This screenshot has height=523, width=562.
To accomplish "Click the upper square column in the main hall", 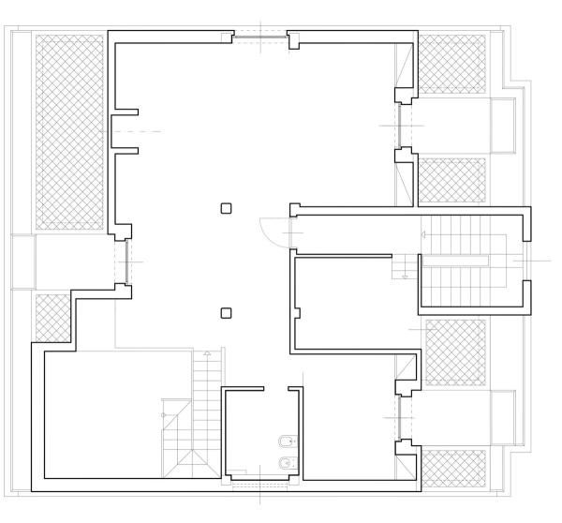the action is click(x=226, y=209).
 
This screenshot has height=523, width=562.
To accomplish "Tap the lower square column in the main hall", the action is click(x=226, y=313).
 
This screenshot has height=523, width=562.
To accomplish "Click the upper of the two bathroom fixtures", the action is click(x=285, y=441).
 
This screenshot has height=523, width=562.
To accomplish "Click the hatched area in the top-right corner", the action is click(x=451, y=64).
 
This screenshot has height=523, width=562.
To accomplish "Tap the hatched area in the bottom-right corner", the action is click(x=454, y=468).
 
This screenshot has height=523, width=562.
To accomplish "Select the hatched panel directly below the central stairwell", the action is click(x=455, y=351).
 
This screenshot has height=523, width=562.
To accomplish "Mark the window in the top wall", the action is click(x=259, y=37).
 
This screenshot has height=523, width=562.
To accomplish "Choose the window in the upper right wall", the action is click(x=400, y=125).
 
